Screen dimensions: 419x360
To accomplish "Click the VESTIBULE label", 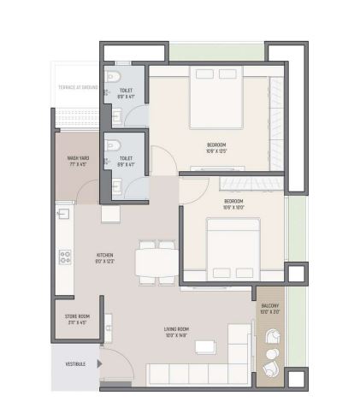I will click(74, 363).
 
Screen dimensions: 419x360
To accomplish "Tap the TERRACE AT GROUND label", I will click(78, 87).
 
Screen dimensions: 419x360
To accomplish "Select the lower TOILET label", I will click(126, 159).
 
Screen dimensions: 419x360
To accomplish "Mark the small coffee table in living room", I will click(205, 346).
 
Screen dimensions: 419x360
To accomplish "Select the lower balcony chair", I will click(271, 369).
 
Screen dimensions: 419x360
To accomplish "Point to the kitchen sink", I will click(62, 215).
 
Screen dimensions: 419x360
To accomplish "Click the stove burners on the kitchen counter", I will click(63, 256).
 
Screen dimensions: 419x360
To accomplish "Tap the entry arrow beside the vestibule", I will click(99, 363).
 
